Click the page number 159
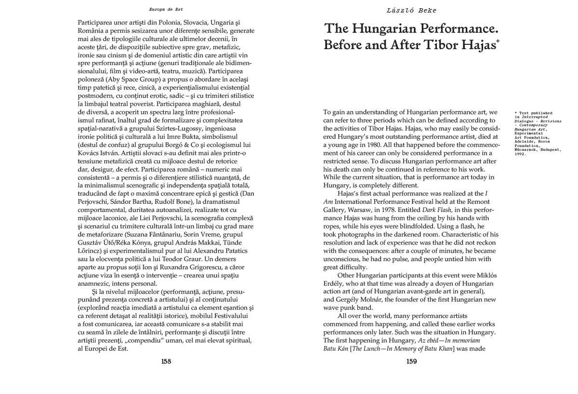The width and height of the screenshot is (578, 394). click(x=411, y=361)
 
